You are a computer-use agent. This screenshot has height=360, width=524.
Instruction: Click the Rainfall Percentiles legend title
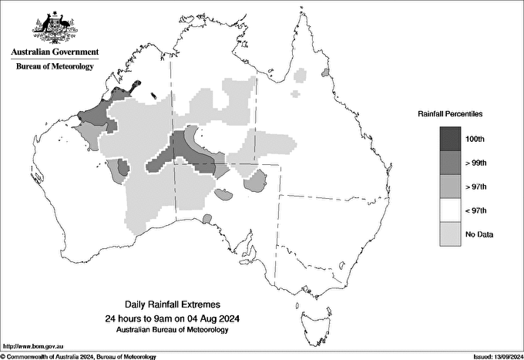click(450, 114)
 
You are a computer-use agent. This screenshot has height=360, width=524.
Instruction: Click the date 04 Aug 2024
click(207, 318)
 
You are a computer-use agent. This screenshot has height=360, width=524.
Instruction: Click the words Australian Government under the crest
click(55, 52)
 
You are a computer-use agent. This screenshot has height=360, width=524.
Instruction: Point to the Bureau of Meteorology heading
click(55, 66)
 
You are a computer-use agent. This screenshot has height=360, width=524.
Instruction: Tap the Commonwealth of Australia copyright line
click(79, 356)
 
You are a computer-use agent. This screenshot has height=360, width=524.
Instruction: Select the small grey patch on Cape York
click(324, 72)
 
